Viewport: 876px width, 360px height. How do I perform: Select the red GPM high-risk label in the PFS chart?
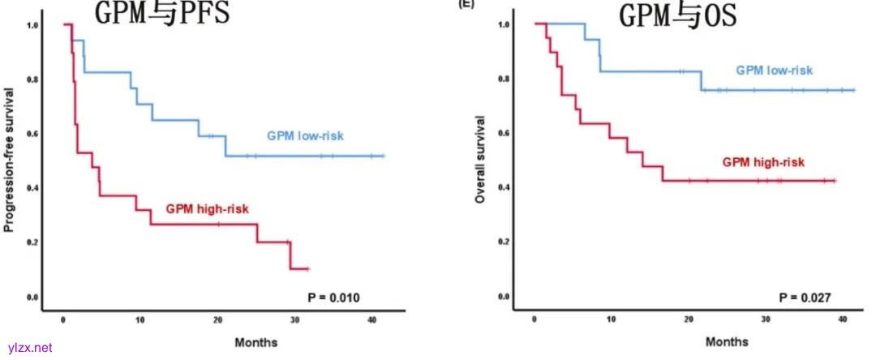[x=207, y=208]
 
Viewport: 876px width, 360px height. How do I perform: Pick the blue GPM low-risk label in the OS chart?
[x=774, y=70]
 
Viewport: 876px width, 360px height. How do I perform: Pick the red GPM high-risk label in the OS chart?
[x=763, y=162]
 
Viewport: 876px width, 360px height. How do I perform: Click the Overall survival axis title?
[x=481, y=160]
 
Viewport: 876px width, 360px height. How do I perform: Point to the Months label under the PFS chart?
[x=255, y=342]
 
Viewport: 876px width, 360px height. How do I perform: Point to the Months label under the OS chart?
[x=727, y=342]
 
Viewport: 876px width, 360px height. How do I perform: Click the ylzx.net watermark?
[x=28, y=348]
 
